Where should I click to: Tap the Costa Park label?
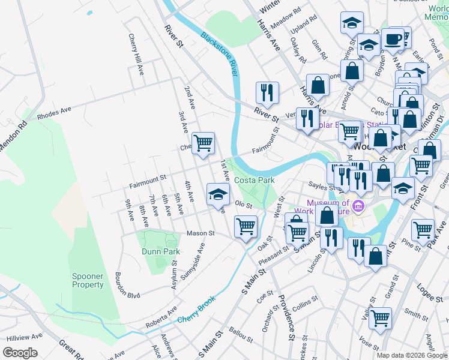(254, 180)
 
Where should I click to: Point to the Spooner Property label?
(88, 280)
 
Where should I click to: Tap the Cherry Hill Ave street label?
(136, 53)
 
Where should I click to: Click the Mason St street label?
(200, 233)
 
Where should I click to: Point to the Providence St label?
(286, 318)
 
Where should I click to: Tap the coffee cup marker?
(393, 40)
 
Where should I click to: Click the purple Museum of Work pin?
(359, 207)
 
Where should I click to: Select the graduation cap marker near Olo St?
(217, 194)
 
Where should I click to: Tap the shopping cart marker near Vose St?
(379, 318)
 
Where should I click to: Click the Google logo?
(20, 353)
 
